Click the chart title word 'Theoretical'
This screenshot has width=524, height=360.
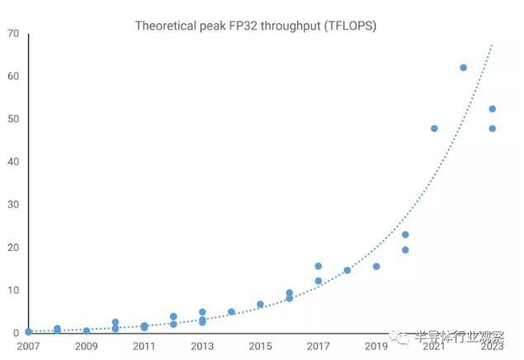point(164,26)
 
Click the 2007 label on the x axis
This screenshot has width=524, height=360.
point(28,347)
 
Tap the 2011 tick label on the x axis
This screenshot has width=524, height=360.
point(144,347)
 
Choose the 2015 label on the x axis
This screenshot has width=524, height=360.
point(260,347)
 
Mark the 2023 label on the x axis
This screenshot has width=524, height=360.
point(492,347)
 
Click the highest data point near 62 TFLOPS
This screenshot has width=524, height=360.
point(463,68)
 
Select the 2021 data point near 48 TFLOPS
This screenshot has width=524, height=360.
point(434,128)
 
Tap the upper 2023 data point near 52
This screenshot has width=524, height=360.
point(492,108)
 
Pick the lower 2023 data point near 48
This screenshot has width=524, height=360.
point(492,128)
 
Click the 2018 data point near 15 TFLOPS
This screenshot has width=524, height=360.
point(347,270)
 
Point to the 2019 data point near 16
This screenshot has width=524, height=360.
point(376,266)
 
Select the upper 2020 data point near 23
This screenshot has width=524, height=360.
point(405,234)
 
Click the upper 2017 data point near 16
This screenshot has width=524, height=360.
point(319,266)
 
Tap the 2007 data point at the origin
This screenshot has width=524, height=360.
point(29,332)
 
